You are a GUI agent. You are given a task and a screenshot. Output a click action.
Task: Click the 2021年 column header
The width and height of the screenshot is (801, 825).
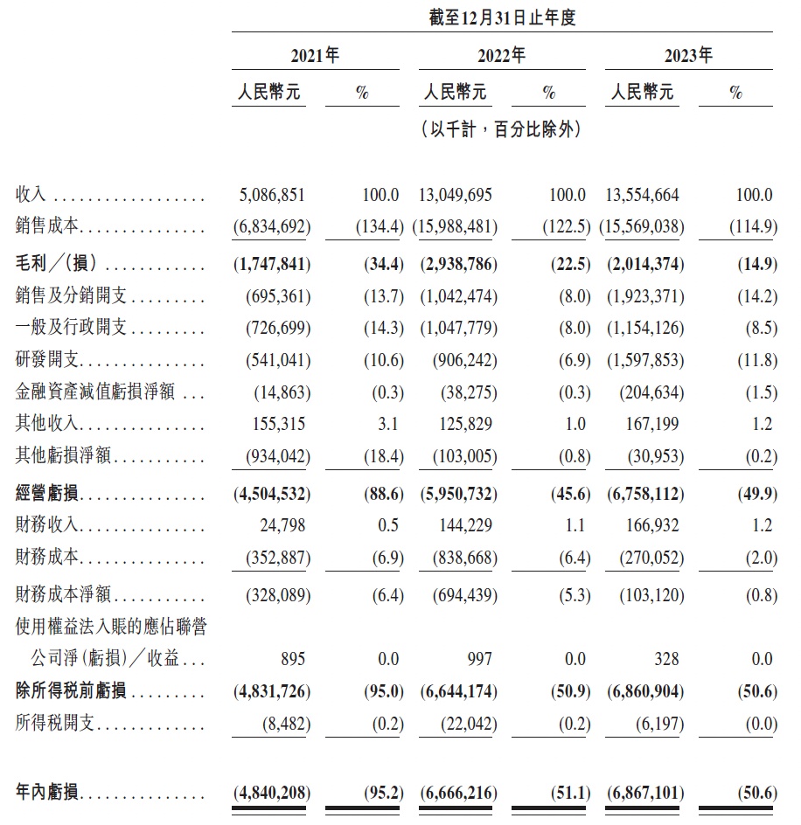[315, 57]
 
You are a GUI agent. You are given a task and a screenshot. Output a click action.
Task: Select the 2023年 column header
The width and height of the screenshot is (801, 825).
[688, 57]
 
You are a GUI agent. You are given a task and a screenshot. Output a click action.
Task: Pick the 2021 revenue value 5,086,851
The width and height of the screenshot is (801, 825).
[272, 195]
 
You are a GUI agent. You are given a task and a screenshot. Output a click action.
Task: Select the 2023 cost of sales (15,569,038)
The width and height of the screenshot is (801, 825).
[643, 227]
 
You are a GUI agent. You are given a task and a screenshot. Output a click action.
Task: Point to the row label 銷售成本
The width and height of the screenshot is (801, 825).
[47, 227]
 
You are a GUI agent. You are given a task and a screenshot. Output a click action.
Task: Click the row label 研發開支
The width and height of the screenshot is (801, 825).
[47, 359]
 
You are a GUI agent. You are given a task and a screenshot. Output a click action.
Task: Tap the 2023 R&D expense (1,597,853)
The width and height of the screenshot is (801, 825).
[645, 359]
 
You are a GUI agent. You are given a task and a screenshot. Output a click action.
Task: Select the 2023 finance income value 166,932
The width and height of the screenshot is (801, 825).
[651, 525]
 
